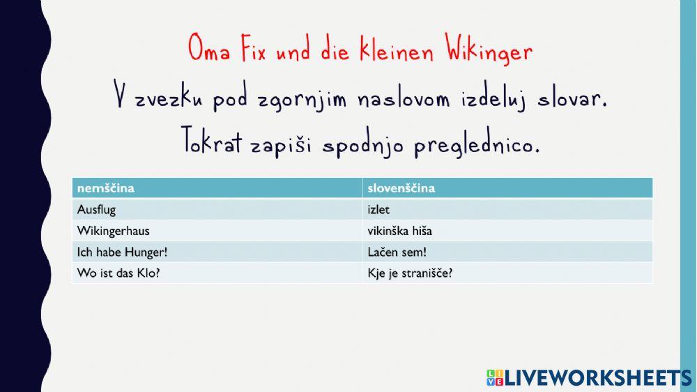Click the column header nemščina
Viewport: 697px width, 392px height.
(x=106, y=188)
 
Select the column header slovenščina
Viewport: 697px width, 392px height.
(x=401, y=188)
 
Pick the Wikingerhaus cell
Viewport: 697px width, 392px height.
(x=113, y=230)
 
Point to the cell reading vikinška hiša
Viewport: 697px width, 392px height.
(x=404, y=230)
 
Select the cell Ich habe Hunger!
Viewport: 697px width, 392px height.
(x=118, y=251)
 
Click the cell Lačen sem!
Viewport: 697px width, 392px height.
(x=397, y=251)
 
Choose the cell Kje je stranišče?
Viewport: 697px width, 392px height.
(x=410, y=273)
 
